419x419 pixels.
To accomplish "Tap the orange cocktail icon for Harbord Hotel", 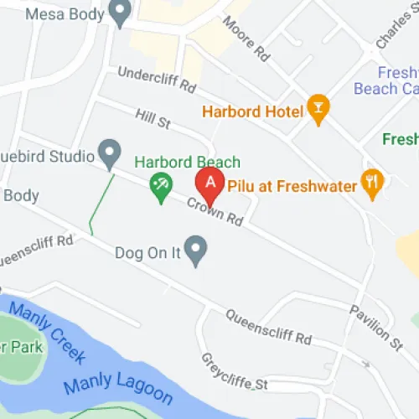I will (318, 108).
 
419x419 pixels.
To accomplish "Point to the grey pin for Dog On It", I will (195, 249).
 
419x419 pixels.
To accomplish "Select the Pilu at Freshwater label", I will (291, 186).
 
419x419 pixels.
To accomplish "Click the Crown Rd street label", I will (215, 211).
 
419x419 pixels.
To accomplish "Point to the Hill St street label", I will (153, 117).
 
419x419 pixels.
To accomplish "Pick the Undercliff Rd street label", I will (156, 80).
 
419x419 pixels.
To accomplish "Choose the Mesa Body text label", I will (66, 14).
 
